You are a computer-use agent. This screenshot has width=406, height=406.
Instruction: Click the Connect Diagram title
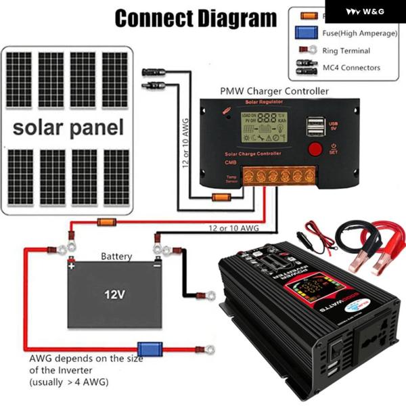pos(196,18)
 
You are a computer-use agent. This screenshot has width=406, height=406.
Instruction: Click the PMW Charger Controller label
pos(275,91)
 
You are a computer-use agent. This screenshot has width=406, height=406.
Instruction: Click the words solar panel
pos(68,127)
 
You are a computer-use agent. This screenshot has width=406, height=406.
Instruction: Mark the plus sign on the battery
pos(72,267)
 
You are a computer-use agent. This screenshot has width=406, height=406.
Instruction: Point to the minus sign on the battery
pos(157,266)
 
